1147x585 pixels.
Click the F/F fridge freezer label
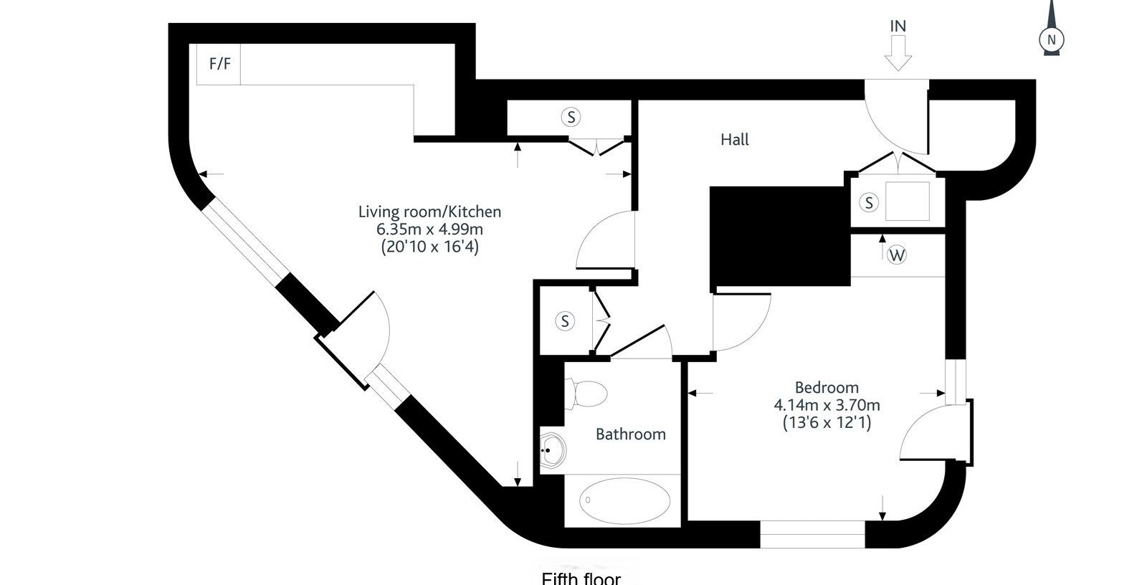tap(220, 64)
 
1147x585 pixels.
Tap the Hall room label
tap(734, 139)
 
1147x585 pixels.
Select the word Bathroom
tap(631, 434)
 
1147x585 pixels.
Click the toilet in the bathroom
tap(586, 394)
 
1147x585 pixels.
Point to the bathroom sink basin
tap(553, 450)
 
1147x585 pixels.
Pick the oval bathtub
tap(624, 500)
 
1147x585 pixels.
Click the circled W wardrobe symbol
tap(897, 255)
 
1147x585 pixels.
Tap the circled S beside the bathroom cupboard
tap(565, 321)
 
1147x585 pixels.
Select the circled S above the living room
tap(571, 118)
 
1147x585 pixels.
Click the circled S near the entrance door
tap(868, 202)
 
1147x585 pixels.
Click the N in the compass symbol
tap(1052, 40)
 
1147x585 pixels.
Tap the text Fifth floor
tap(581, 579)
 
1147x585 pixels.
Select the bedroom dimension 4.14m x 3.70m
tap(827, 405)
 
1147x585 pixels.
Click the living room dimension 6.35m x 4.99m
tap(429, 229)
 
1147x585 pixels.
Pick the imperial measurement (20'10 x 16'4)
tap(430, 247)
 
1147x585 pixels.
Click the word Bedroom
tap(827, 387)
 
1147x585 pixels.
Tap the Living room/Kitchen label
tap(429, 211)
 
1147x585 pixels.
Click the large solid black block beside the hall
tap(780, 237)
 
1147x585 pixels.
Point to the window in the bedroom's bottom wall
tap(813, 534)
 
